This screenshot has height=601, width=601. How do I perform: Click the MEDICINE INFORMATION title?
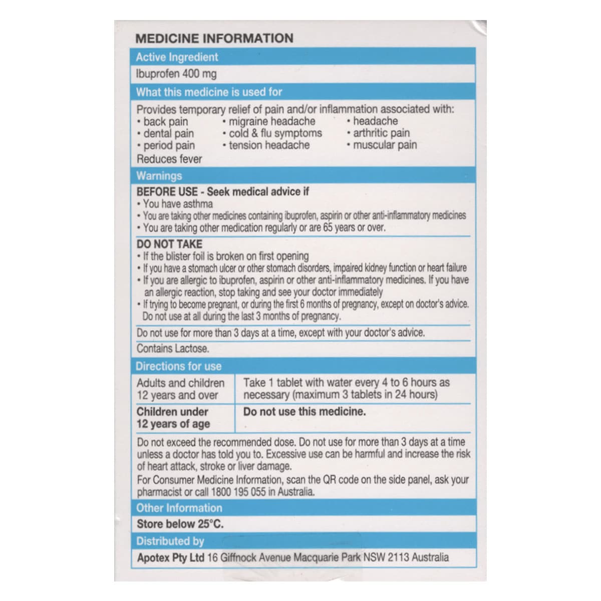click(x=214, y=39)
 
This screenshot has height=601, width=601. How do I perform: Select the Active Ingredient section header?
click(x=177, y=57)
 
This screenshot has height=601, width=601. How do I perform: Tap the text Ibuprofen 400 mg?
click(x=176, y=74)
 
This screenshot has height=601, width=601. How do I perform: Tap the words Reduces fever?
click(x=169, y=159)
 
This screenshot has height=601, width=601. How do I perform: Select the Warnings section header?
click(x=159, y=176)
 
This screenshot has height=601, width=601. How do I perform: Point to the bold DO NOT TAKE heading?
click(x=169, y=244)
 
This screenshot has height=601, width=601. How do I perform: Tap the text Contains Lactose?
click(x=173, y=349)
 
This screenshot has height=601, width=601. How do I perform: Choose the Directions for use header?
click(x=178, y=366)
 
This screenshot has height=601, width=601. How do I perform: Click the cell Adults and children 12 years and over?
click(x=180, y=389)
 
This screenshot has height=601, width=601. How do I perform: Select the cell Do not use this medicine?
click(x=305, y=412)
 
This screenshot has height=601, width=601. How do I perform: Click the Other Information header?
click(x=179, y=508)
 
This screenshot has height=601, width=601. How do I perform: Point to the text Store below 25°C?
click(x=180, y=524)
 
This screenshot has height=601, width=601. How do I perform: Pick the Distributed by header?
click(x=170, y=541)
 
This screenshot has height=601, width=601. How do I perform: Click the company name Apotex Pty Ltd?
click(x=170, y=557)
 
